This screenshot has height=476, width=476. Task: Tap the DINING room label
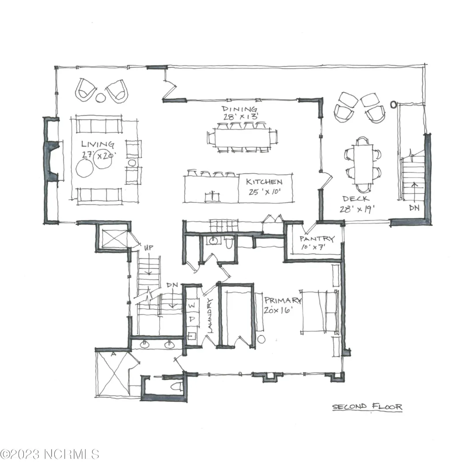tap(239, 109)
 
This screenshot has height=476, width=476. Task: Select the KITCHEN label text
tap(264, 182)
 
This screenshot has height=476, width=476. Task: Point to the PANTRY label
tap(317, 238)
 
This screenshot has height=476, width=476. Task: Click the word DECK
tap(356, 199)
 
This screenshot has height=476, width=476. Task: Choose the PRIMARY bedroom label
tap(283, 300)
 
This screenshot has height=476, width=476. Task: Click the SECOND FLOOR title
tap(367, 406)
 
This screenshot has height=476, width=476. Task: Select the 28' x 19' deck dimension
tap(357, 209)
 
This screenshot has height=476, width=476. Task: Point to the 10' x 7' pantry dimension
tap(313, 247)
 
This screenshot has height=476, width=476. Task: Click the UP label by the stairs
tap(149, 248)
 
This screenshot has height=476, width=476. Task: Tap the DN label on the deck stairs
tap(414, 208)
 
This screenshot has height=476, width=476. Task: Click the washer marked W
tap(192, 305)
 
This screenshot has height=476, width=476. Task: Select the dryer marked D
tap(192, 319)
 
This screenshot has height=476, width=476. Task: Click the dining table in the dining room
tap(242, 138)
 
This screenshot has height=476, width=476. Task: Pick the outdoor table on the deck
tap(363, 164)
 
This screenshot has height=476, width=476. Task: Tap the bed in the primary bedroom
tap(320, 312)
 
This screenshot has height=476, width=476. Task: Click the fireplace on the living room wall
tap(52, 161)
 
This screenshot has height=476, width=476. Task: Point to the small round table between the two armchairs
tap(100, 97)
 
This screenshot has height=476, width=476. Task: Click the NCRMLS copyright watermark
tap(49, 454)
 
